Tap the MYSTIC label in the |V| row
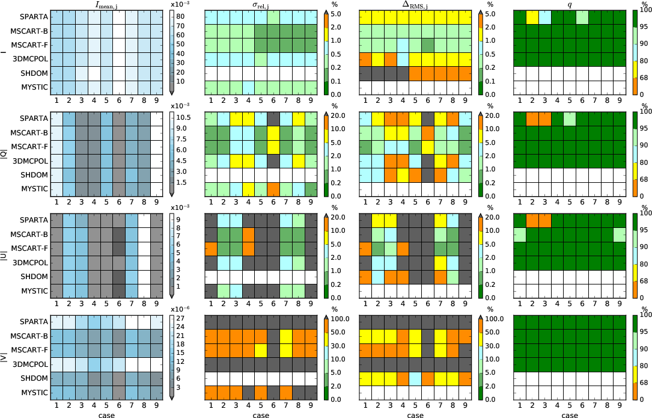point(34,393)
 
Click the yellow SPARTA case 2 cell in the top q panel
point(532,17)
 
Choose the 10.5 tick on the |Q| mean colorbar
point(182,118)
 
